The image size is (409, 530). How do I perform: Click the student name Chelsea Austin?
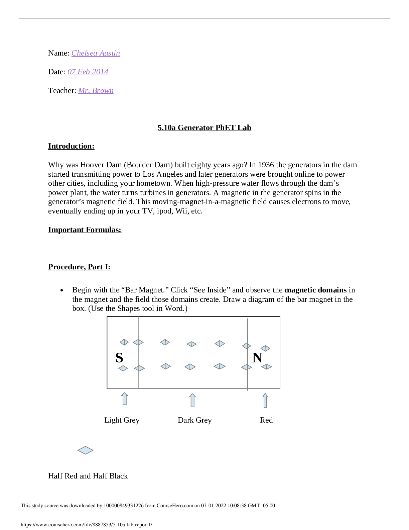(96, 53)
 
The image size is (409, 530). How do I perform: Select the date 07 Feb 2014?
(88, 72)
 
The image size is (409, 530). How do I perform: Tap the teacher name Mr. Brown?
(96, 91)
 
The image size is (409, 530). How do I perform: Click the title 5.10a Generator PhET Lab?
(204, 128)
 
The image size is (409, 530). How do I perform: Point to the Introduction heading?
(71, 146)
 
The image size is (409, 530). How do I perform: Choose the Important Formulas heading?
(85, 230)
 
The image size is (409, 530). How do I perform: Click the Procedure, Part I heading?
(79, 267)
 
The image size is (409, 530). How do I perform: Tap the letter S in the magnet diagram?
(119, 358)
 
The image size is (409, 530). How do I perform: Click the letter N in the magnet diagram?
(257, 358)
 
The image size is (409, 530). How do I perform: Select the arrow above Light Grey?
(125, 399)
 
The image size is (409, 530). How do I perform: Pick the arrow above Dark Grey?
(192, 400)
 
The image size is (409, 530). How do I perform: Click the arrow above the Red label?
(265, 400)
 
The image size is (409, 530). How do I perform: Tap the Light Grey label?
(122, 420)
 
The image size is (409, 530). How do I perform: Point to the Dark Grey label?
(194, 420)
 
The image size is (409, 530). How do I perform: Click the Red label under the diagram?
(266, 420)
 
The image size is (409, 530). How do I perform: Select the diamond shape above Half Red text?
(85, 450)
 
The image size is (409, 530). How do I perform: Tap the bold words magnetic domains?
(315, 290)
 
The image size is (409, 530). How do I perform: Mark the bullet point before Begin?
(62, 290)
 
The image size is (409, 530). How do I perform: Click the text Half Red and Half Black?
(88, 476)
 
